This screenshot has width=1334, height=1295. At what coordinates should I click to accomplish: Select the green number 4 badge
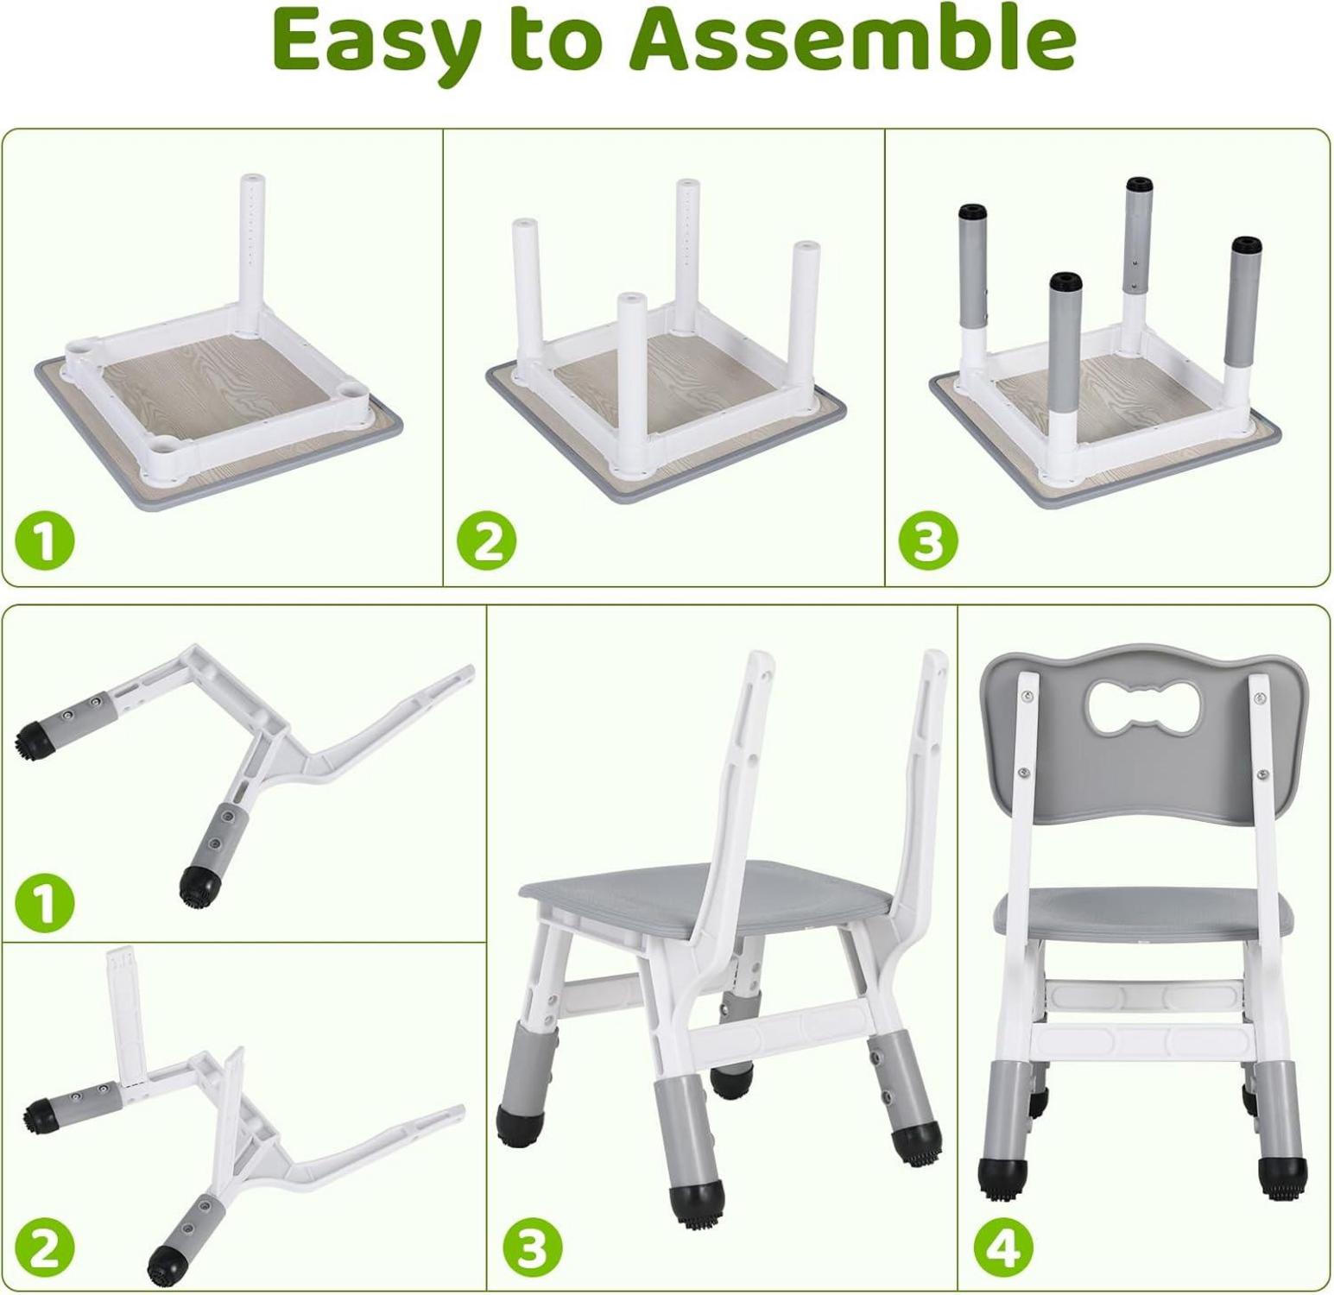(1004, 1247)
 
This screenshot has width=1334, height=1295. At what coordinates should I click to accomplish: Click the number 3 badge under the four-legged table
(928, 541)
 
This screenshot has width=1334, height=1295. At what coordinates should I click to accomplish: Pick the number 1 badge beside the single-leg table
(45, 541)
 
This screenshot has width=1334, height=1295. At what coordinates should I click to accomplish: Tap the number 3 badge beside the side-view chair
(532, 1247)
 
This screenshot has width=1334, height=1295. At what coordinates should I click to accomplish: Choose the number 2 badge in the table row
(486, 541)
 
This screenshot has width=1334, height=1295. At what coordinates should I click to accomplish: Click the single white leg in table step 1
(252, 254)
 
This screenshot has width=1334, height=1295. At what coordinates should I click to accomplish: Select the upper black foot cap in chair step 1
(32, 736)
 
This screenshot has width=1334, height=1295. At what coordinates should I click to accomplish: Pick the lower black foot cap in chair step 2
(166, 1264)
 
